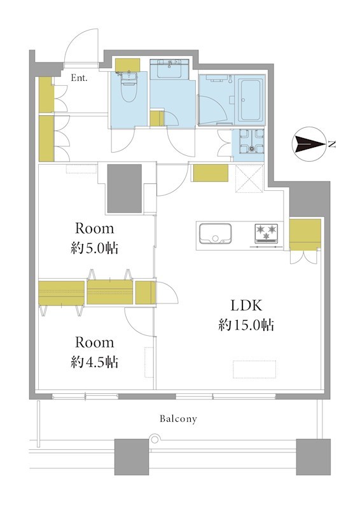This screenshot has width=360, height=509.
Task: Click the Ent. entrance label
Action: [80, 78]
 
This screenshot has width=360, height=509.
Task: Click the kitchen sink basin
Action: [215, 234]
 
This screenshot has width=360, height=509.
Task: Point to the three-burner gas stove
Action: [267, 233]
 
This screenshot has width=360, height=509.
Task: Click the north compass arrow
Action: [308, 144]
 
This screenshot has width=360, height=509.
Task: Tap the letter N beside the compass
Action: [331, 145]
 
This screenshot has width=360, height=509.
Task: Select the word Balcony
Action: [178, 419]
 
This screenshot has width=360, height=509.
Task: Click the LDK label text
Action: [246, 305]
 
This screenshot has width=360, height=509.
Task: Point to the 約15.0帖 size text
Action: [246, 324]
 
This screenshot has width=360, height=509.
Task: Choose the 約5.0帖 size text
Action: [95, 248]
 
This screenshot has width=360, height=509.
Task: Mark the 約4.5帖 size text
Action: [95, 362]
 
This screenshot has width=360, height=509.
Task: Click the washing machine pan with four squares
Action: [251, 141]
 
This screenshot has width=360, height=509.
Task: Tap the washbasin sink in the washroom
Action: [169, 69]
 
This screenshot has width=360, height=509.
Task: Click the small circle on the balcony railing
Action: [155, 439]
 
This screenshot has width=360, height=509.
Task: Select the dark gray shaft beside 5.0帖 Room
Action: [124, 188]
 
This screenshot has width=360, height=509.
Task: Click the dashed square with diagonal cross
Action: [249, 179]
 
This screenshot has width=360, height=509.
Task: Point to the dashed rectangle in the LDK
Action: [254, 369]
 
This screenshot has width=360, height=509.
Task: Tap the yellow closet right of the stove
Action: [305, 235]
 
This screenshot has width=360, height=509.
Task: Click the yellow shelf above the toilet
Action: [128, 65]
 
